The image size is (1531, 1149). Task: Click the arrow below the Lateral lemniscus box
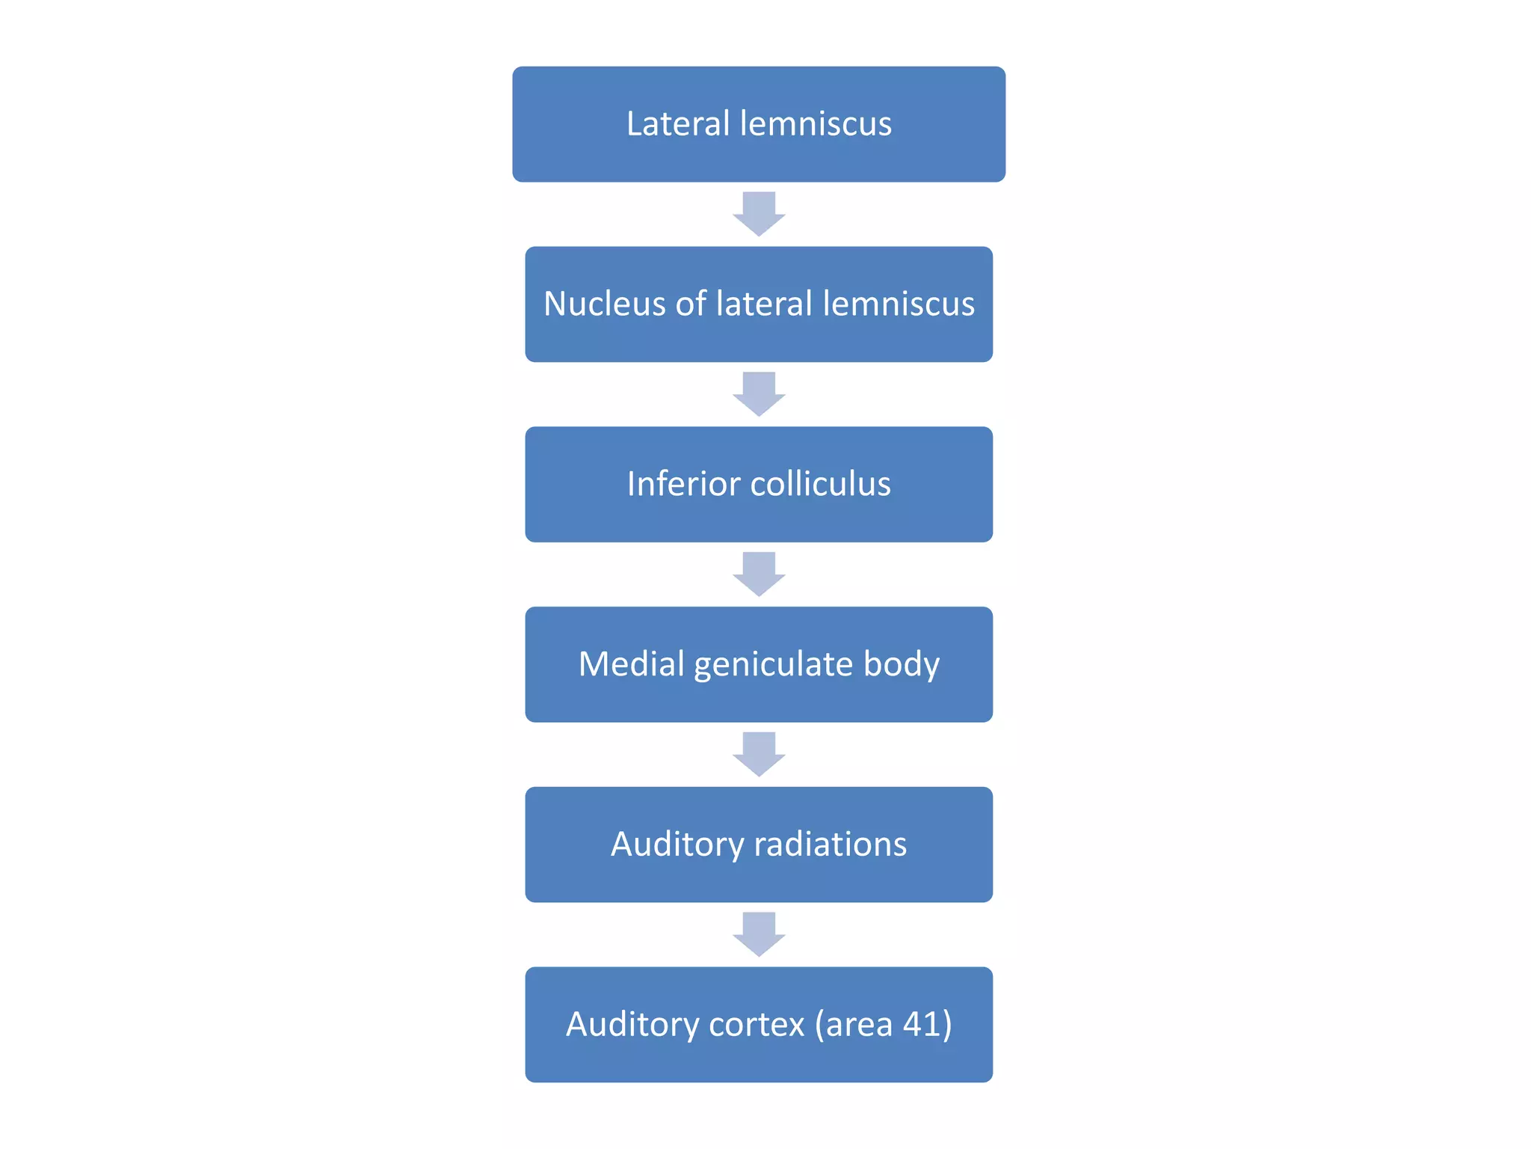(x=759, y=214)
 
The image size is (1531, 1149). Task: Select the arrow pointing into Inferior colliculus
(x=759, y=394)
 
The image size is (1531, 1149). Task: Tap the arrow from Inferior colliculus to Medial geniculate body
(x=759, y=574)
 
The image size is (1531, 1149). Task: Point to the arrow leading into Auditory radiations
(x=759, y=754)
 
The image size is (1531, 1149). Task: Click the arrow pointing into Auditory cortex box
(x=759, y=934)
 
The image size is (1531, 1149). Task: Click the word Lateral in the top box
(x=677, y=123)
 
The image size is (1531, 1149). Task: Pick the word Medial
(x=631, y=664)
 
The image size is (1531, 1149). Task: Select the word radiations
(x=830, y=845)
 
